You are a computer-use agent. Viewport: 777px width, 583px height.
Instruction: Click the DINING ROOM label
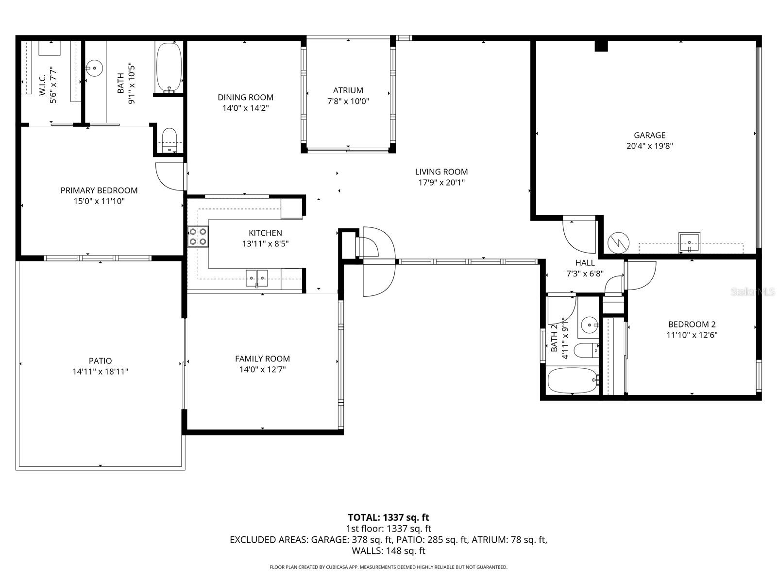[245, 97]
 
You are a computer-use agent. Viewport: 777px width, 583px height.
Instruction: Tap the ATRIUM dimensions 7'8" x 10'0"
[348, 102]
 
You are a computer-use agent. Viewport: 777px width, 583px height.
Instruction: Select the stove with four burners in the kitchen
[198, 237]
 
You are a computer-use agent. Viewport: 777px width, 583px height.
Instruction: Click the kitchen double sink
[257, 278]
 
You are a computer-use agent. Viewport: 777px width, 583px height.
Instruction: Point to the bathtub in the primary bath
[169, 68]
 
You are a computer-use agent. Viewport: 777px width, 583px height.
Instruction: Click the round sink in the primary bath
[94, 68]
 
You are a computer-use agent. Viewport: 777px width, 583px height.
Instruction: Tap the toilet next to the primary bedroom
[169, 139]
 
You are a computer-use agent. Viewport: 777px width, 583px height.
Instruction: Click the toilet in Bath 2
[585, 350]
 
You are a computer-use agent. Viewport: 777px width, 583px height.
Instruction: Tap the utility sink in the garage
[689, 241]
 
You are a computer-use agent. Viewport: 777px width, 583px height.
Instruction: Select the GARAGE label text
[649, 135]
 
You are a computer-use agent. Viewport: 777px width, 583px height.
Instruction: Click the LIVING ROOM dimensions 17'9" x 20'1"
[441, 183]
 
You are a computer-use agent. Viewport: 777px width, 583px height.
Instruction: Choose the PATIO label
[100, 360]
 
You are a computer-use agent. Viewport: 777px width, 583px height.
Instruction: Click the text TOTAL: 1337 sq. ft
[388, 517]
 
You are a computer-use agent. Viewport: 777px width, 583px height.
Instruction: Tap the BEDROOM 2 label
[692, 324]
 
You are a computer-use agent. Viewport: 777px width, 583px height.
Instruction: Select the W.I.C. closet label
[42, 86]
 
